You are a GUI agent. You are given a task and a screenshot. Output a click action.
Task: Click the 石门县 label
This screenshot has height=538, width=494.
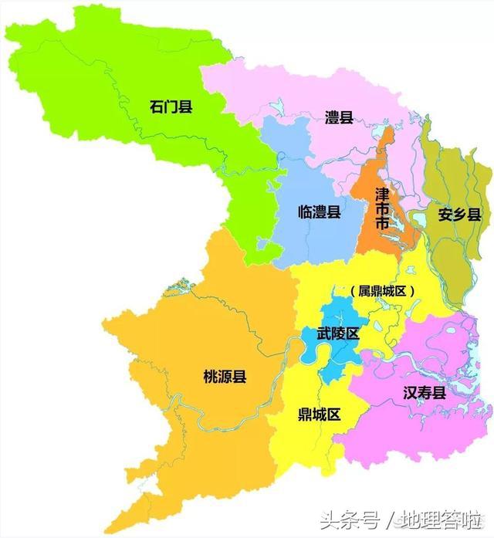(171, 106)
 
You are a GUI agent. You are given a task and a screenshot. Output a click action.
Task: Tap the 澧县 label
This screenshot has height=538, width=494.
(339, 117)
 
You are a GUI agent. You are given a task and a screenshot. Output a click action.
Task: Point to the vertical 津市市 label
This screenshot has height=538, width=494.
(381, 207)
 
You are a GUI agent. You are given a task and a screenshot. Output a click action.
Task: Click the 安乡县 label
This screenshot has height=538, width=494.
(458, 214)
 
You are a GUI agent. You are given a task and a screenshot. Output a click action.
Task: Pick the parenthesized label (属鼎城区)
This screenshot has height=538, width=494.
(382, 291)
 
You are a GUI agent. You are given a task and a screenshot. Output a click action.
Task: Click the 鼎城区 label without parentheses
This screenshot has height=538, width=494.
(319, 414)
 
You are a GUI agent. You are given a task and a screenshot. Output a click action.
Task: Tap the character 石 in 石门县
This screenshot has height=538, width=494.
(156, 106)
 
